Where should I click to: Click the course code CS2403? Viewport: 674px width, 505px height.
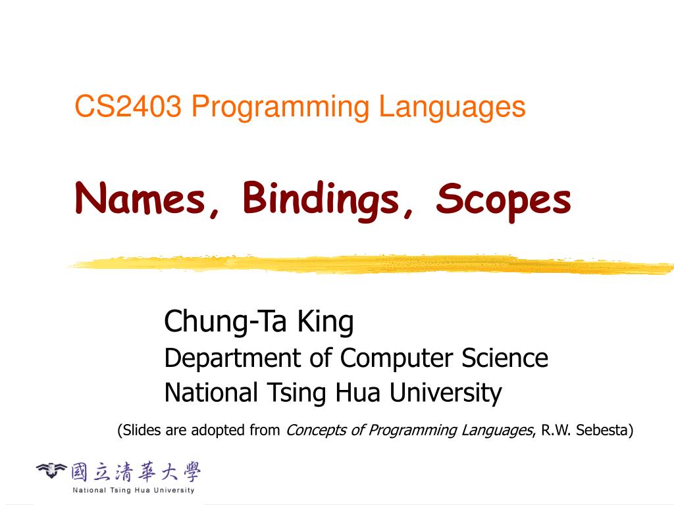(128, 107)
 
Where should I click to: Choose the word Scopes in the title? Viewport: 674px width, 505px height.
(503, 200)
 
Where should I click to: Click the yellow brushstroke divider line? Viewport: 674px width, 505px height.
(369, 264)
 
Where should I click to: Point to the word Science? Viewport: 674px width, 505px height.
(504, 358)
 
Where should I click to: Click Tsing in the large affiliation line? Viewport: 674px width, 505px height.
(296, 394)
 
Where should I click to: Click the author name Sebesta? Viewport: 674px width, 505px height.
(604, 431)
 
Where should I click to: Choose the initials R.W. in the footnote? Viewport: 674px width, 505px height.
(556, 431)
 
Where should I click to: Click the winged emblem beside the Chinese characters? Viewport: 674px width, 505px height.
(51, 470)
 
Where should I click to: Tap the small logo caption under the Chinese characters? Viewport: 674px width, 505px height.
(134, 490)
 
